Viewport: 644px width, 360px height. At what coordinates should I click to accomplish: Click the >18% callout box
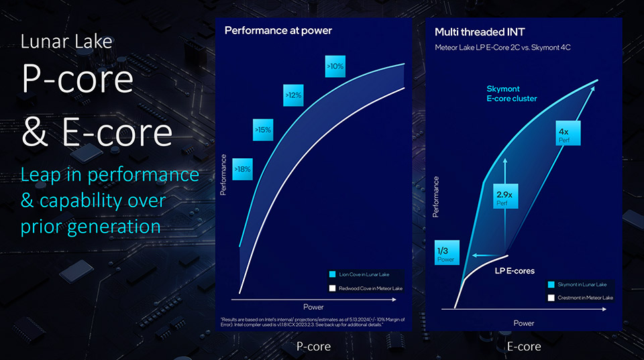(x=242, y=170)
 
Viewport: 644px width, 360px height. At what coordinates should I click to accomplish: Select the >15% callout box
(x=263, y=130)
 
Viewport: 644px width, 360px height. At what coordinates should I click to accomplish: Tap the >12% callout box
(x=293, y=96)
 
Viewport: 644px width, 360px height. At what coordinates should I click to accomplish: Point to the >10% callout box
(x=335, y=66)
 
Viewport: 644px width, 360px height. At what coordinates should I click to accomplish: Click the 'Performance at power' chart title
(x=278, y=31)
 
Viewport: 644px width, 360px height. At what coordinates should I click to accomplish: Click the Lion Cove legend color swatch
(x=333, y=274)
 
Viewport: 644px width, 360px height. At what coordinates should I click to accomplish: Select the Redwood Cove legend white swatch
(x=333, y=288)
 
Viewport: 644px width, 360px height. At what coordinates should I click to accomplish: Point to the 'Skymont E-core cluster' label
(x=512, y=94)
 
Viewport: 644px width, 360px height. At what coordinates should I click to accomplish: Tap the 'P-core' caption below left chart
(x=314, y=346)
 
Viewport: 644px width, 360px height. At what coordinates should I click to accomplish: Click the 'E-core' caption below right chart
(x=524, y=346)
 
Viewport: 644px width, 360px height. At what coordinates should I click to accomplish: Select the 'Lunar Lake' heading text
(x=66, y=42)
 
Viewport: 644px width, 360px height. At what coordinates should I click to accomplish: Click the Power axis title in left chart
(x=313, y=307)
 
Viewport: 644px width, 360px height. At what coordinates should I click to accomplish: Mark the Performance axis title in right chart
(x=436, y=196)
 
